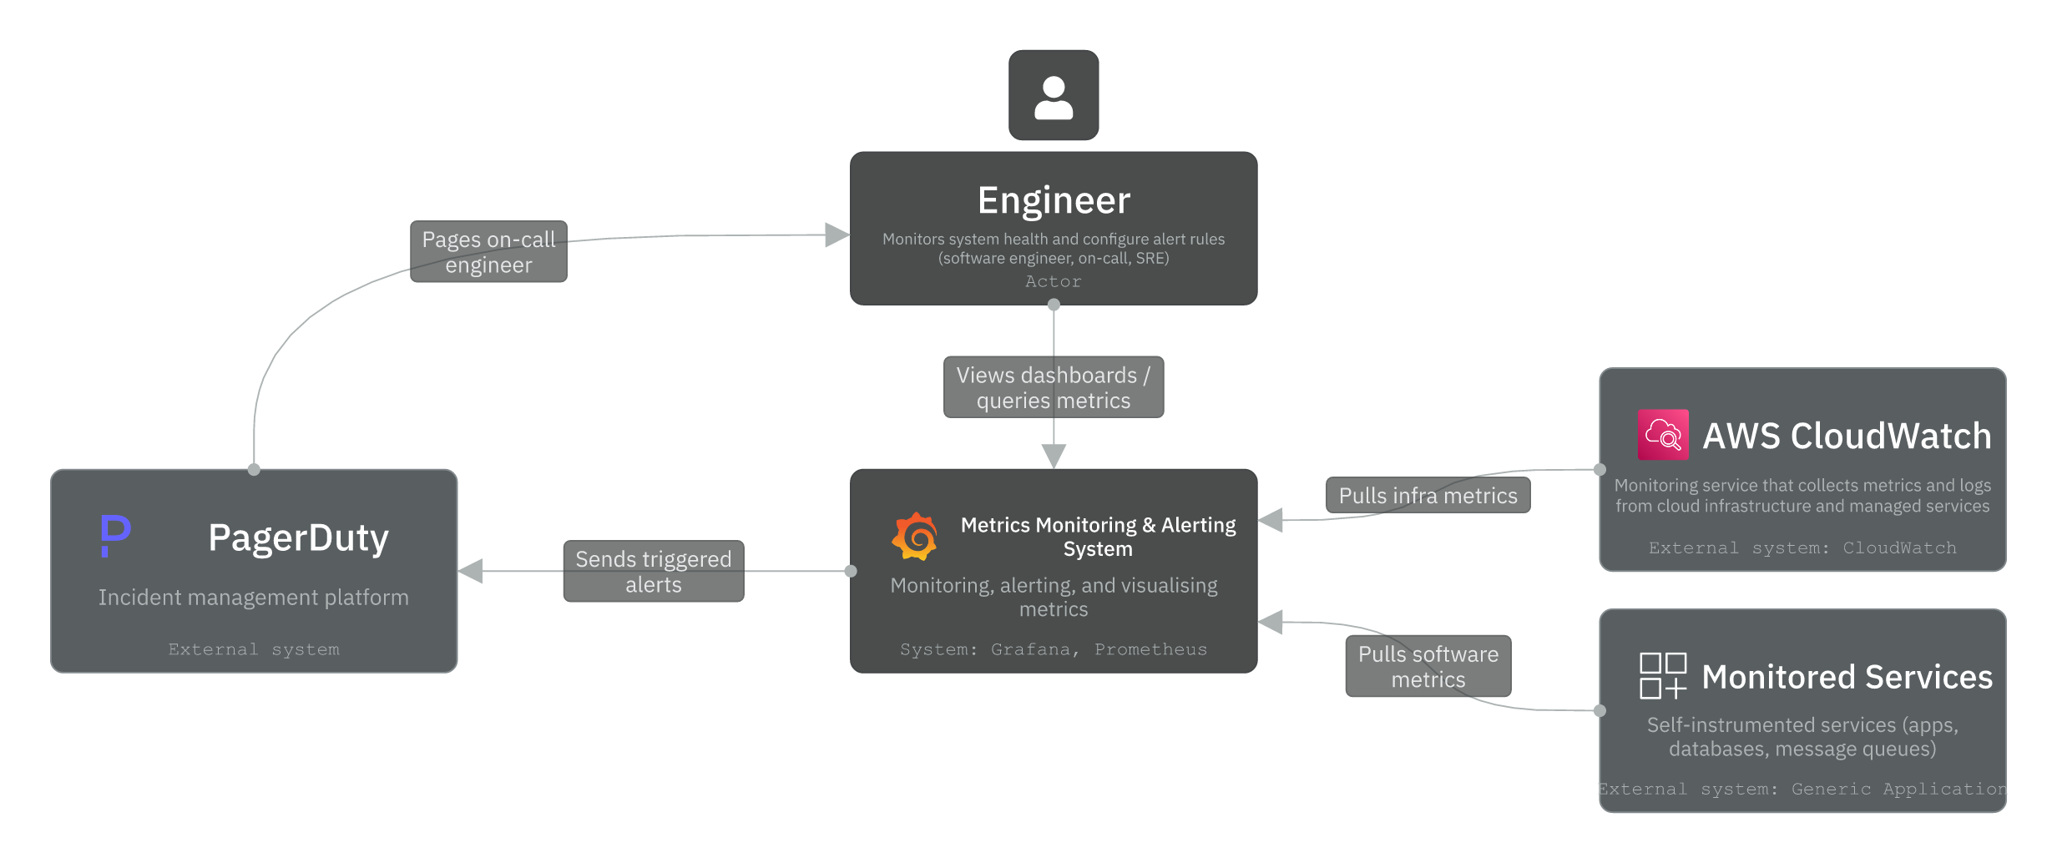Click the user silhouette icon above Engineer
[1054, 96]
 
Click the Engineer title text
[1054, 200]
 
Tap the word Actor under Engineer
[1054, 282]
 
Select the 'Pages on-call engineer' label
[488, 252]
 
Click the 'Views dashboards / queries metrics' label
[1053, 388]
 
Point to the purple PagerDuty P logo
[115, 535]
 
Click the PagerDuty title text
[298, 537]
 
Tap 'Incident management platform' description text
[253, 598]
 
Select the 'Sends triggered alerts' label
[653, 572]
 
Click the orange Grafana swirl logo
[915, 537]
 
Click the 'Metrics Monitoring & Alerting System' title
[1098, 537]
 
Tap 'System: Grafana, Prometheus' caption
[1053, 649]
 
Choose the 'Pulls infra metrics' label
[1428, 496]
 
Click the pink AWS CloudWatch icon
[1663, 435]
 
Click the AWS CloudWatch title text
[1847, 436]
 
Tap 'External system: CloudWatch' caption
[1802, 548]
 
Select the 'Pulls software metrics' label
[1428, 667]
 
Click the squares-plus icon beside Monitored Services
[1663, 676]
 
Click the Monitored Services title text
[1847, 677]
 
